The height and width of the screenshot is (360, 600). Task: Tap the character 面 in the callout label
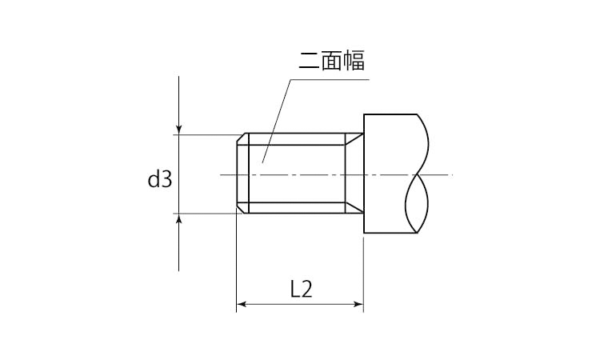(331, 61)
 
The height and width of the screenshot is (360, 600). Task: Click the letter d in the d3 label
(154, 179)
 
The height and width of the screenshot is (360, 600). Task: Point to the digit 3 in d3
(166, 179)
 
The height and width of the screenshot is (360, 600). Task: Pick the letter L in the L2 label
(294, 288)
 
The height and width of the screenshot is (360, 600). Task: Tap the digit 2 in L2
(306, 288)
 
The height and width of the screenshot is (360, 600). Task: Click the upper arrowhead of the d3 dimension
(179, 129)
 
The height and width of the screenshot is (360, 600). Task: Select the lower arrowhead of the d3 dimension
(179, 219)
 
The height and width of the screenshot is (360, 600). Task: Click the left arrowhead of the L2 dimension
(242, 304)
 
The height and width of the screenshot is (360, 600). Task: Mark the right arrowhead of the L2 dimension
(358, 304)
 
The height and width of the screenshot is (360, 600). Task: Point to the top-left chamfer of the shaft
(242, 138)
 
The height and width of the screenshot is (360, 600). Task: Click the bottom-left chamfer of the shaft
(242, 210)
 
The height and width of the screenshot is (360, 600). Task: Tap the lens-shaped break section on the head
(418, 204)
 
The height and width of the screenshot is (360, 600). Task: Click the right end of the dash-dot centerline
(450, 174)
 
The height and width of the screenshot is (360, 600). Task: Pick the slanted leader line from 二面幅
(276, 120)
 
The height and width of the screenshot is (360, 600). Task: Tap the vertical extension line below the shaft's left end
(236, 264)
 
